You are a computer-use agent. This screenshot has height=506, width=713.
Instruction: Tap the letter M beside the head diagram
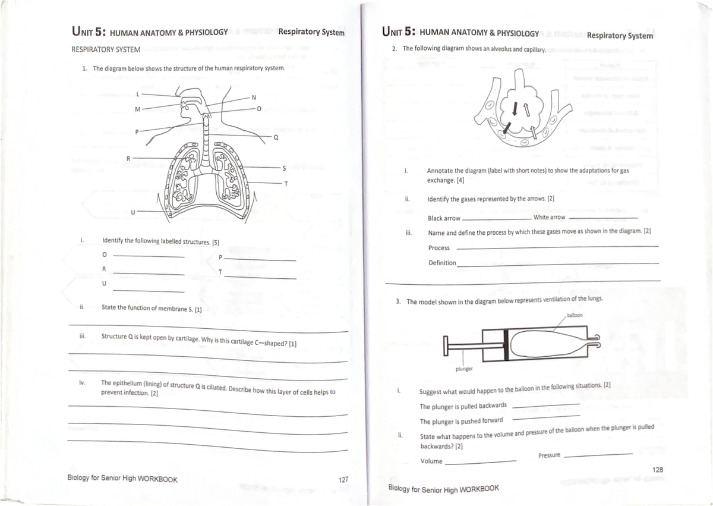137,109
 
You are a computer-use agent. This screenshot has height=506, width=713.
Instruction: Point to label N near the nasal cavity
254,98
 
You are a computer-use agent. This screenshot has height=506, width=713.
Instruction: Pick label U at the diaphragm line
133,210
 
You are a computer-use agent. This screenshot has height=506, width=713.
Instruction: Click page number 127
343,479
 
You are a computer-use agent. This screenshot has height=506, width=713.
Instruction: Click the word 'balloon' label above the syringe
576,315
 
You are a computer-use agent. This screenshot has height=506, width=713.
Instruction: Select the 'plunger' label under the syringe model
463,369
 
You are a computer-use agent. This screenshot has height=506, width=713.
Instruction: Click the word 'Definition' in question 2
442,263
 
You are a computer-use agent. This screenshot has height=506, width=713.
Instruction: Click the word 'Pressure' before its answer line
549,455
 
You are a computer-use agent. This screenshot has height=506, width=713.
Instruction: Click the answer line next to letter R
149,274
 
